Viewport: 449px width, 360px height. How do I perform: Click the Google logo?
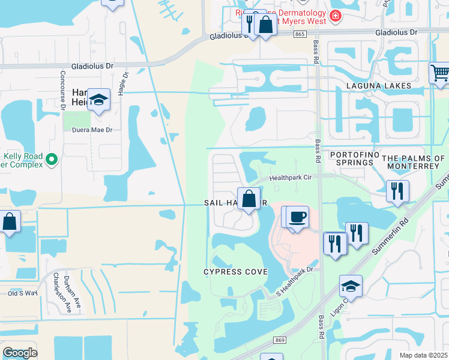point(20,353)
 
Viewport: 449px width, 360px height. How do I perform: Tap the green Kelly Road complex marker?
point(52,160)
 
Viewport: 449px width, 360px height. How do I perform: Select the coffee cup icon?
point(297,217)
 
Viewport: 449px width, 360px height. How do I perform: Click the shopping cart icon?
point(439,73)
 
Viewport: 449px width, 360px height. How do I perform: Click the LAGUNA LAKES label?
point(378,86)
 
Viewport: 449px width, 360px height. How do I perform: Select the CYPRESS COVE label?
point(235,272)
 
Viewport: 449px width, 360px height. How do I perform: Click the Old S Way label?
point(22,293)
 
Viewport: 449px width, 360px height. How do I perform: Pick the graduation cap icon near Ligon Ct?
point(351,286)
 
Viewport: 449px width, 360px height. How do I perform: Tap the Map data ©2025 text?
point(424,355)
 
